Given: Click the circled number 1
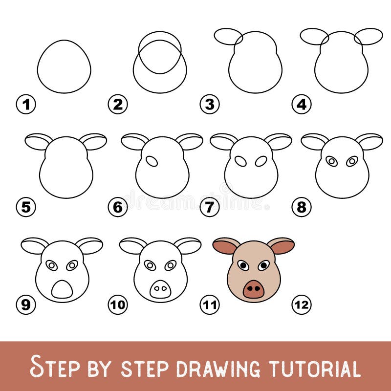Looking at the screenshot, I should tap(26, 104).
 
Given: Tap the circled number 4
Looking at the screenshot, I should tap(302, 104).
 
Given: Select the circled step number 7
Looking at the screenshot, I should tap(210, 208).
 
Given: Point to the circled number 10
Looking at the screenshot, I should tap(118, 305).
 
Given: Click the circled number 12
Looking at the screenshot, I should tap(302, 305).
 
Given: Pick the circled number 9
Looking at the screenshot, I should tap(26, 305).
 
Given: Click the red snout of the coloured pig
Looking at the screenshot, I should tap(253, 289).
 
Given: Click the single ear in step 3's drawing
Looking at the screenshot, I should tap(228, 36).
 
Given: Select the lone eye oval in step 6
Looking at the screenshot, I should tap(152, 161).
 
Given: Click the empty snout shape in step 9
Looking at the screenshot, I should tap(62, 290).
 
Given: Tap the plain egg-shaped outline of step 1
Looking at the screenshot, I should tap(64, 66).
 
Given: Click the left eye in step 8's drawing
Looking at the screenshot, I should tap(332, 161).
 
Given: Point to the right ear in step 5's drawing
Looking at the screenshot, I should tap(94, 141).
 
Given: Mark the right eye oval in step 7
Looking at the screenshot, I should tap(261, 161).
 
